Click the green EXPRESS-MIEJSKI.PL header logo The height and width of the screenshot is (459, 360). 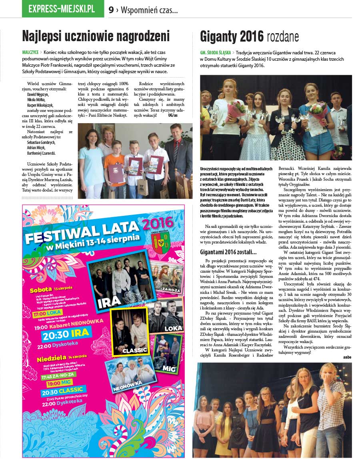click(x=62, y=8)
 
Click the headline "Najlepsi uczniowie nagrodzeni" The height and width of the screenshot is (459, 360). click(x=96, y=37)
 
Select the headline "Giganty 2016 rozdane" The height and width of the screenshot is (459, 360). click(x=249, y=37)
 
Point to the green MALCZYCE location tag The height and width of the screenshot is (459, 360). click(x=30, y=52)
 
